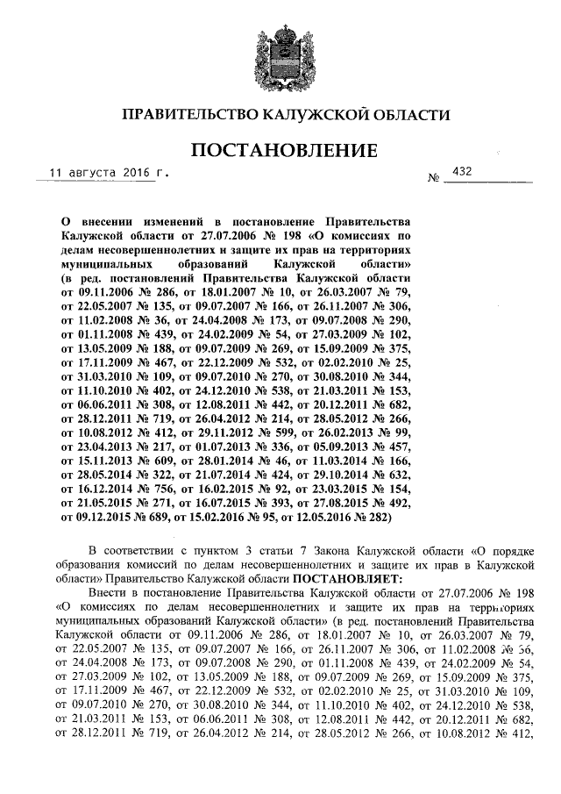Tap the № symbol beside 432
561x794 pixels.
click(432, 179)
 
